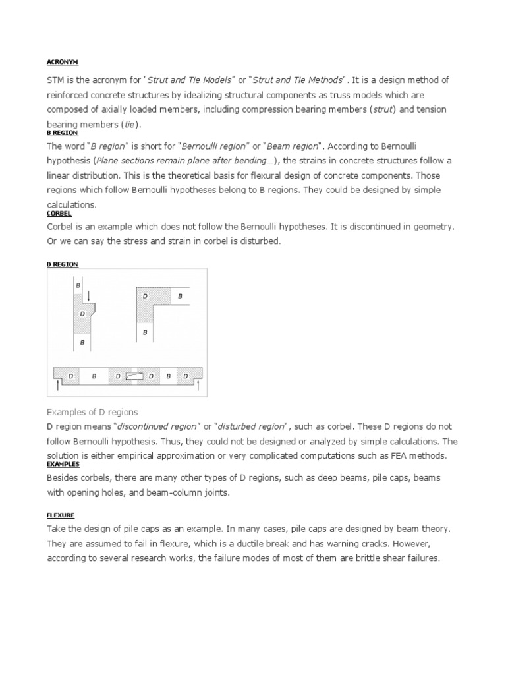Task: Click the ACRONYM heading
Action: point(62,61)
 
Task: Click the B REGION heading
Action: point(62,132)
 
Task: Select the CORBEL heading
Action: point(59,214)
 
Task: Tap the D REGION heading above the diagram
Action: point(62,264)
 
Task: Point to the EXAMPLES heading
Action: point(62,464)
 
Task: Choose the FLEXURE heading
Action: point(60,515)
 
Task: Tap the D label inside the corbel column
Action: point(82,314)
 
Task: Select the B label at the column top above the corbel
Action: point(78,285)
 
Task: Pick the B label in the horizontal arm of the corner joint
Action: point(179,297)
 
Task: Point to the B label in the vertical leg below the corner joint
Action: point(145,333)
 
